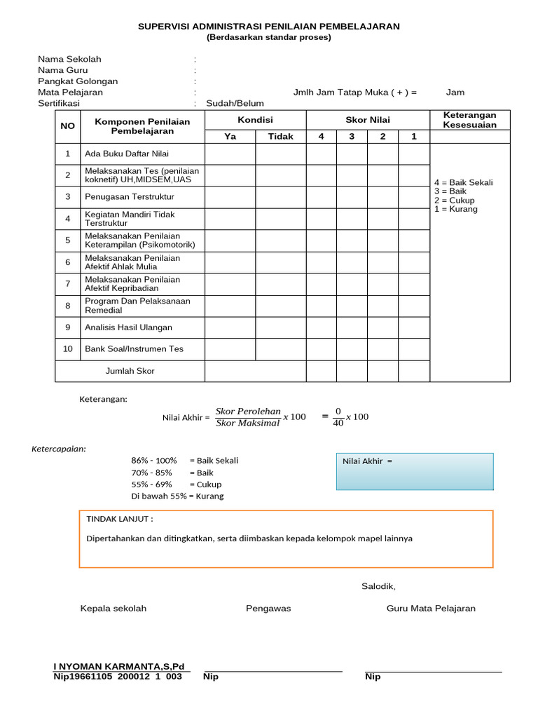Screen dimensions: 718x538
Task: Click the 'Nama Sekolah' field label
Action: pyautogui.click(x=64, y=59)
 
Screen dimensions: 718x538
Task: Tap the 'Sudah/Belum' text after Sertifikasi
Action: pyautogui.click(x=230, y=104)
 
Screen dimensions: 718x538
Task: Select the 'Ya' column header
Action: pyautogui.click(x=230, y=137)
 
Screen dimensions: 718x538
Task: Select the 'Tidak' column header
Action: pyautogui.click(x=280, y=137)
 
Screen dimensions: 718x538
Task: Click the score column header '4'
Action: pyautogui.click(x=322, y=137)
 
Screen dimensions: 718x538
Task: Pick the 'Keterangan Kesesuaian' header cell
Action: pyautogui.click(x=469, y=120)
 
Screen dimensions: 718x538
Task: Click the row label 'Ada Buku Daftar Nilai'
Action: pyautogui.click(x=127, y=154)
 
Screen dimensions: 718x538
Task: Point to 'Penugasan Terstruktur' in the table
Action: pyautogui.click(x=130, y=197)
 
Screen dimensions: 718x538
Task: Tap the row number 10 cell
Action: pyautogui.click(x=68, y=349)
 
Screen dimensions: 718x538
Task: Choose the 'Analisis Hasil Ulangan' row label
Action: pyautogui.click(x=128, y=327)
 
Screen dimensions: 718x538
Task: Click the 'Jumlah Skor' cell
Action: pyautogui.click(x=130, y=371)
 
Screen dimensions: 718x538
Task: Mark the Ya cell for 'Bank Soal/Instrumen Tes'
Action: pyautogui.click(x=230, y=349)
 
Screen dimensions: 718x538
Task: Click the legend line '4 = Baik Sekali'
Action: pyautogui.click(x=463, y=182)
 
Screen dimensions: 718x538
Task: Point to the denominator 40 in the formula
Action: pyautogui.click(x=338, y=424)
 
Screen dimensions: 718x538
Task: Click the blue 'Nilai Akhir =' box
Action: pyautogui.click(x=415, y=471)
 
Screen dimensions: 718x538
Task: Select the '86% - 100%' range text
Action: pyautogui.click(x=154, y=461)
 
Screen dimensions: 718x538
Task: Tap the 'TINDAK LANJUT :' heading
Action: pyautogui.click(x=119, y=519)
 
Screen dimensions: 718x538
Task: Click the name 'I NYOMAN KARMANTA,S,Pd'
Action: pyautogui.click(x=119, y=666)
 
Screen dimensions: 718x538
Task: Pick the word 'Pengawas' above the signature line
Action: pyautogui.click(x=268, y=609)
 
